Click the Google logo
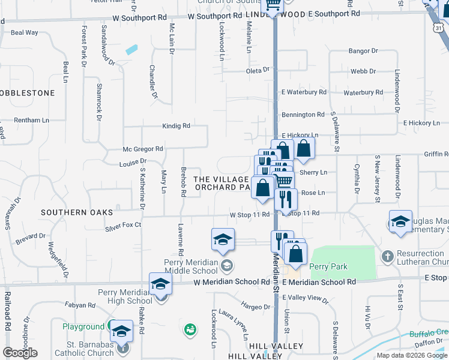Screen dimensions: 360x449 (20, 352)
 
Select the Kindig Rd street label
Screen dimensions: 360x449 (175, 126)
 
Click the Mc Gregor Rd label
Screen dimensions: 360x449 (143, 148)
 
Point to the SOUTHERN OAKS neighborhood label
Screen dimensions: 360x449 (68, 212)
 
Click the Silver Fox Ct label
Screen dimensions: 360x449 (123, 225)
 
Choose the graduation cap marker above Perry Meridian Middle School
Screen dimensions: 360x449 (223, 240)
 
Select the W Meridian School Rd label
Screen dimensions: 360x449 (231, 282)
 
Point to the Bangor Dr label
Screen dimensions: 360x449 (363, 52)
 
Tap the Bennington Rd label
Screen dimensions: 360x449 (303, 115)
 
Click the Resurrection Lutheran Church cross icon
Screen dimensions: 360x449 (388, 256)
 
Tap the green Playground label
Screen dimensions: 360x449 (83, 327)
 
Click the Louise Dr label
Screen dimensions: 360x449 (133, 162)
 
